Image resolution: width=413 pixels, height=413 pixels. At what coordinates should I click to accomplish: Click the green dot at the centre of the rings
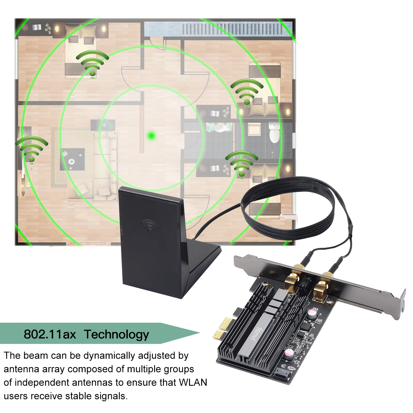pos(151,135)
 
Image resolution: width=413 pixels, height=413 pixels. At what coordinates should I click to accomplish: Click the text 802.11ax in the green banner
pos(50,334)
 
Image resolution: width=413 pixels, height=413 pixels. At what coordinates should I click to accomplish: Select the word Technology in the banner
pos(116,334)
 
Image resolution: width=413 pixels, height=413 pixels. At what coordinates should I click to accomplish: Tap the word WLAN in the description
pos(193,382)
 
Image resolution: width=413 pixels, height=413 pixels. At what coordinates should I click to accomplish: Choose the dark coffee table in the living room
pos(72,159)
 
